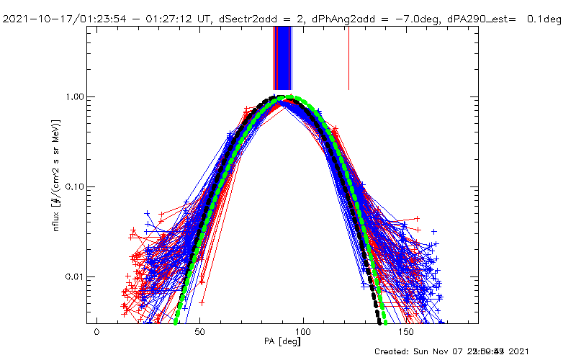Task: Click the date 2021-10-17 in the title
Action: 32,19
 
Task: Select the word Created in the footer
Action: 393,351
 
